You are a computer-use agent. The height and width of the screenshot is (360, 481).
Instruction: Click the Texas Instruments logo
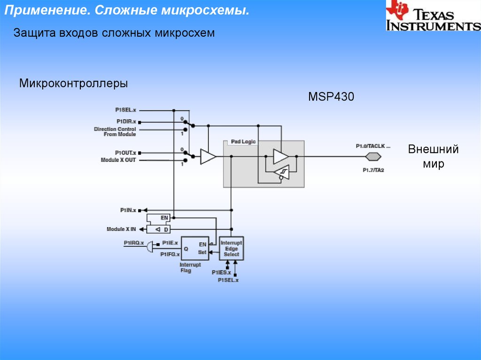point(432,16)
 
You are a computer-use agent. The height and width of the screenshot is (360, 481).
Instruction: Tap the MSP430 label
point(331,97)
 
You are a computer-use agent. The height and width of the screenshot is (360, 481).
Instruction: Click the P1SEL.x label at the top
point(125,110)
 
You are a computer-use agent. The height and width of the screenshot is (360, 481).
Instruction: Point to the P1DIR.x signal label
point(125,122)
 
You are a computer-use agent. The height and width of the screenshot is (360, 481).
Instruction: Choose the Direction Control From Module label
point(115,131)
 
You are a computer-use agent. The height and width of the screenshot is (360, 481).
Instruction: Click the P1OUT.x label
point(125,153)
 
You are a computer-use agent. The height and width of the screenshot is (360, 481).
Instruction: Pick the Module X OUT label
point(118,160)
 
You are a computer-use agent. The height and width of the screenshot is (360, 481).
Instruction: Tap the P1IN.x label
point(127,210)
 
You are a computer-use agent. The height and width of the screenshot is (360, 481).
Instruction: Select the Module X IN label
point(121,229)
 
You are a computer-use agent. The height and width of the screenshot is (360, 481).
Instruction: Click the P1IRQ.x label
point(134,243)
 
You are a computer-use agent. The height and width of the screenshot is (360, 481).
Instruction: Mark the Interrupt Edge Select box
point(231,248)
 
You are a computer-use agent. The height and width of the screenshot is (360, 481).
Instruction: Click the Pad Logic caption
point(243,142)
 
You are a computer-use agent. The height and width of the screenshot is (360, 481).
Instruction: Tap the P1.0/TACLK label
point(373,146)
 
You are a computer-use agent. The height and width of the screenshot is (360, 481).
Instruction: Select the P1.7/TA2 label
point(373,170)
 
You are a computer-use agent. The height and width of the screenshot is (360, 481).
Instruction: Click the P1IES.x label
point(221,273)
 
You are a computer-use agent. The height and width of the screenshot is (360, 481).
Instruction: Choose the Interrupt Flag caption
point(190,268)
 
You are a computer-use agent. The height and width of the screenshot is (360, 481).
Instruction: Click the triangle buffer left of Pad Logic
point(208,157)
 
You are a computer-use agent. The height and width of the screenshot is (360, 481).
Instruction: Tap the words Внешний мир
point(433,157)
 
